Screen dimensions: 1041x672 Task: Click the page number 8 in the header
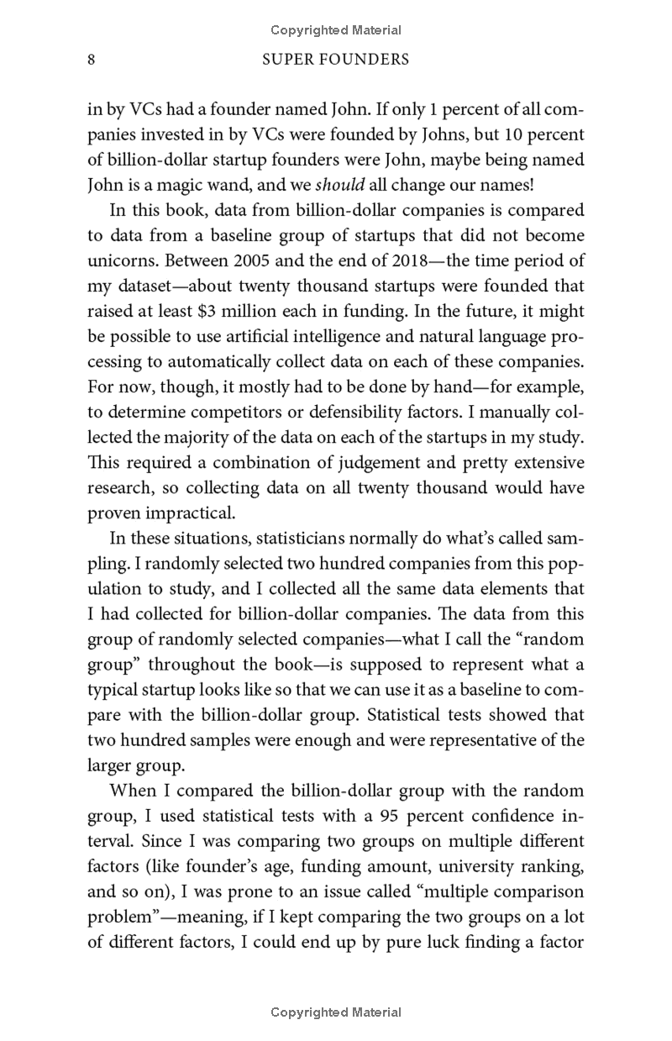click(91, 60)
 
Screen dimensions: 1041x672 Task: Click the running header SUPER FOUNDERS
click(336, 60)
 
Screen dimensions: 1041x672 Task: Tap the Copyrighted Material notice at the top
click(336, 30)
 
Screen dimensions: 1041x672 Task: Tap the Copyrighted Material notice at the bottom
click(336, 1012)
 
